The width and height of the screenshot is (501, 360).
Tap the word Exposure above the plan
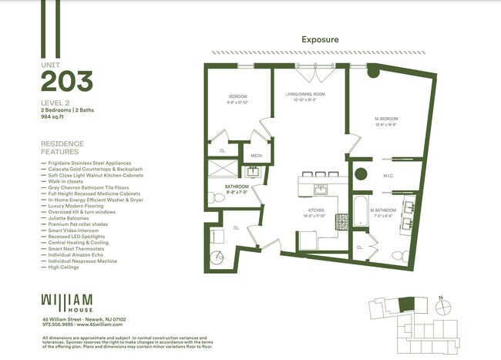click(320, 39)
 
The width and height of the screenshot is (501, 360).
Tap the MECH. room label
click(257, 156)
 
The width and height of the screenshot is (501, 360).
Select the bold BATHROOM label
click(236, 187)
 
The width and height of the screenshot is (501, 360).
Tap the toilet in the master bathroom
click(398, 255)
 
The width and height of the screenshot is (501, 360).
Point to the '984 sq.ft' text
click(55, 118)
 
